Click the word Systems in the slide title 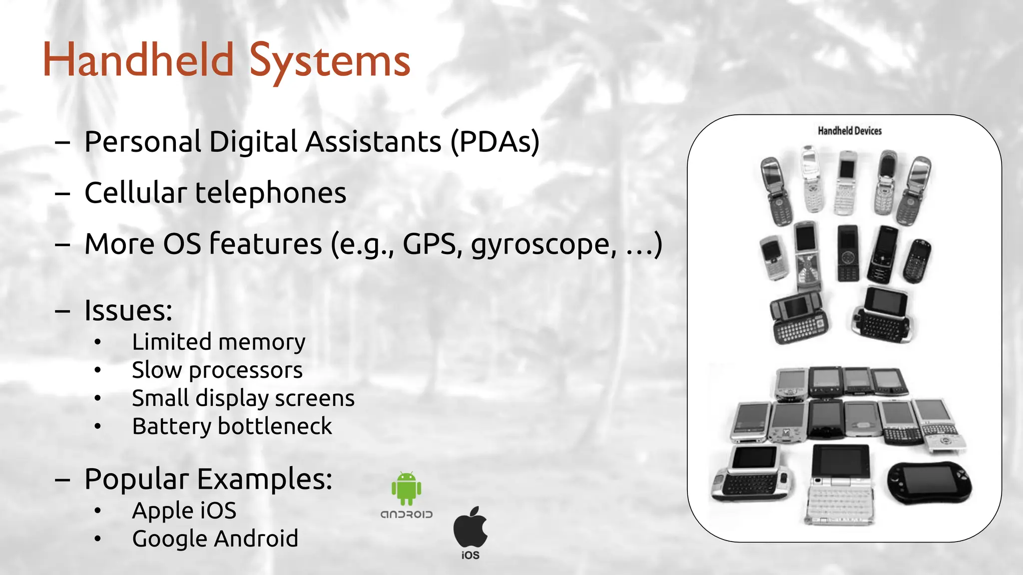(329, 61)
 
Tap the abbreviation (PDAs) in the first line (495, 142)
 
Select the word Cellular (135, 193)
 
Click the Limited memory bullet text (218, 342)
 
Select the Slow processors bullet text (217, 370)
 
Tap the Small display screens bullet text (243, 398)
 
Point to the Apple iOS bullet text (184, 511)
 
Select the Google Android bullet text (215, 539)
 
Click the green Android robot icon (406, 488)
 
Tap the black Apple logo (471, 527)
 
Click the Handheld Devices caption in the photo (850, 131)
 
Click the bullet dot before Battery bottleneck (97, 427)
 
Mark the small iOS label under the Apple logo (471, 555)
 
